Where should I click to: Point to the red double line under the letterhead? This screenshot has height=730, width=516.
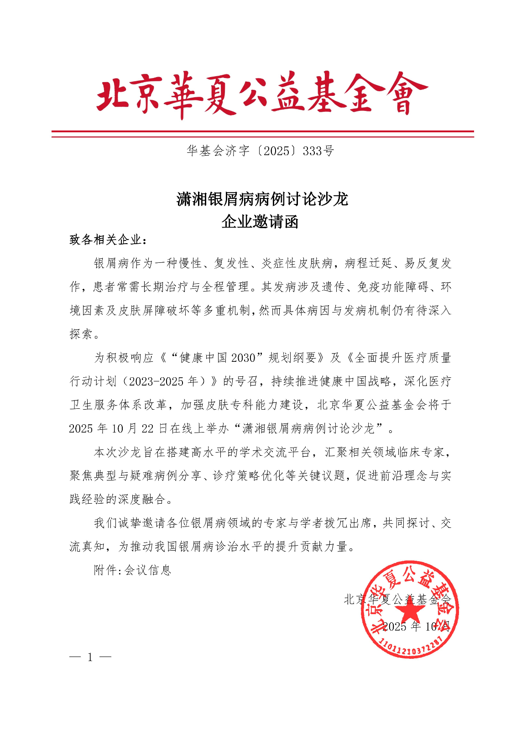click(x=262, y=134)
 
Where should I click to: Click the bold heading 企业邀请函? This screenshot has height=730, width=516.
click(x=260, y=222)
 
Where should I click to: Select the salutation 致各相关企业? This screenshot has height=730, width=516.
click(x=108, y=240)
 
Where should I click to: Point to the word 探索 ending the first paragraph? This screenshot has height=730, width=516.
click(x=81, y=334)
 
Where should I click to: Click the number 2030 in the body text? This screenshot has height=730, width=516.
click(x=243, y=358)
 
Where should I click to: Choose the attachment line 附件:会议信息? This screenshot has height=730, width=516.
click(x=132, y=570)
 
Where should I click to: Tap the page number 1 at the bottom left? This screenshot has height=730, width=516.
click(x=90, y=657)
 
